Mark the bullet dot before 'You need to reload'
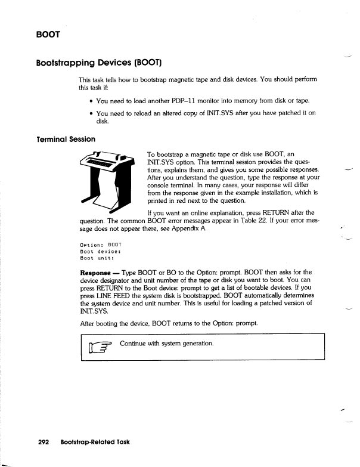click(x=90, y=113)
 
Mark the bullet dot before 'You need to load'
click(x=90, y=101)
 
